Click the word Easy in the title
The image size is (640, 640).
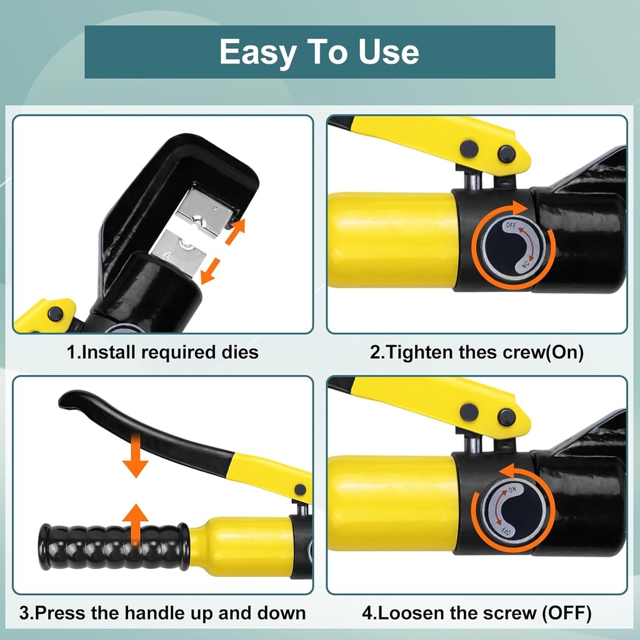pyautogui.click(x=257, y=52)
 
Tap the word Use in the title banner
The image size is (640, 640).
pyautogui.click(x=389, y=52)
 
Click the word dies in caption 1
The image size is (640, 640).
pyautogui.click(x=240, y=352)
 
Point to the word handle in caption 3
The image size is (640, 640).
pyautogui.click(x=152, y=613)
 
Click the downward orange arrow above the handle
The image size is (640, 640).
pyautogui.click(x=136, y=456)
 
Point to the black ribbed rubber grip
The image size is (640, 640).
pyautogui.click(x=114, y=547)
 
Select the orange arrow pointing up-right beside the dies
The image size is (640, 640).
pyautogui.click(x=236, y=231)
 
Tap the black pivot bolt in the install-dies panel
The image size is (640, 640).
pyautogui.click(x=56, y=314)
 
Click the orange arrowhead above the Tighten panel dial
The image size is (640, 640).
pyautogui.click(x=519, y=207)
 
